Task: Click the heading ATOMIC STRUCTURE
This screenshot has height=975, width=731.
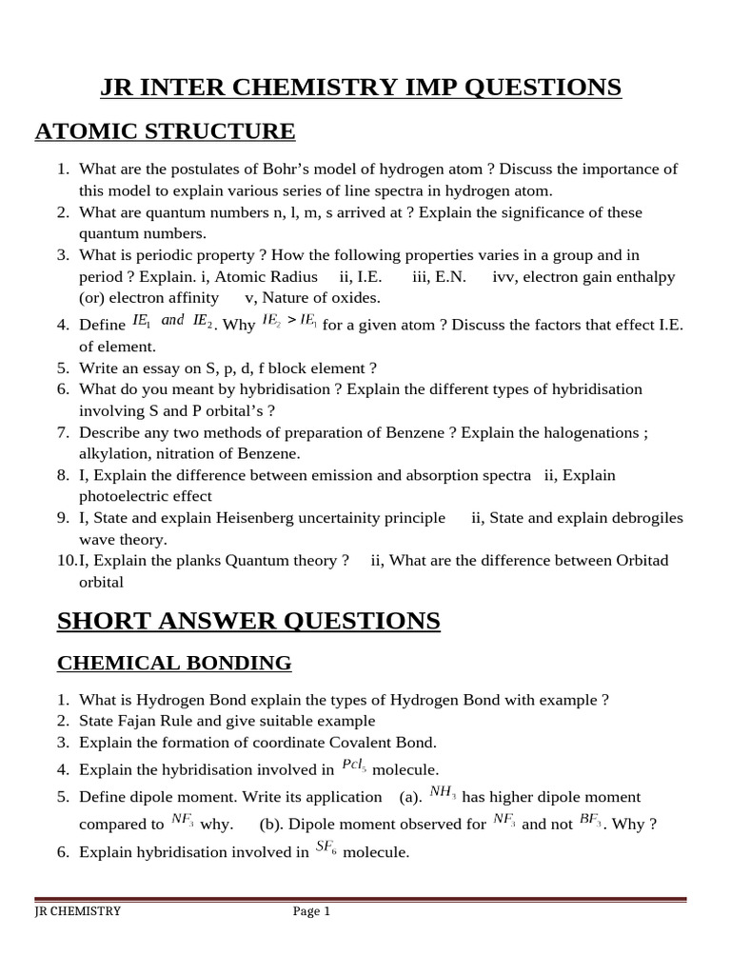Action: pos(165,130)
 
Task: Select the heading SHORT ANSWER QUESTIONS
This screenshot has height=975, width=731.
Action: pos(248,622)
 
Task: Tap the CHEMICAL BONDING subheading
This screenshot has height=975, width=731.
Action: pos(174,663)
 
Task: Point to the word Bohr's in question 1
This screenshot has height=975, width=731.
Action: pos(320,169)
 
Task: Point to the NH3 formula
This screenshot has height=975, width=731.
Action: pos(443,792)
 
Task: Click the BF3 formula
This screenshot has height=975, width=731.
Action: pos(590,821)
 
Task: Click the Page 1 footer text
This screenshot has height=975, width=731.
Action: pos(311,911)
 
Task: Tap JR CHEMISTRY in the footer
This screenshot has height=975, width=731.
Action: pos(78,911)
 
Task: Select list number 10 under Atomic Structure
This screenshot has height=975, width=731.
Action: pos(67,561)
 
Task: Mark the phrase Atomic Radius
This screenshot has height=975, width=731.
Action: pos(273,277)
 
